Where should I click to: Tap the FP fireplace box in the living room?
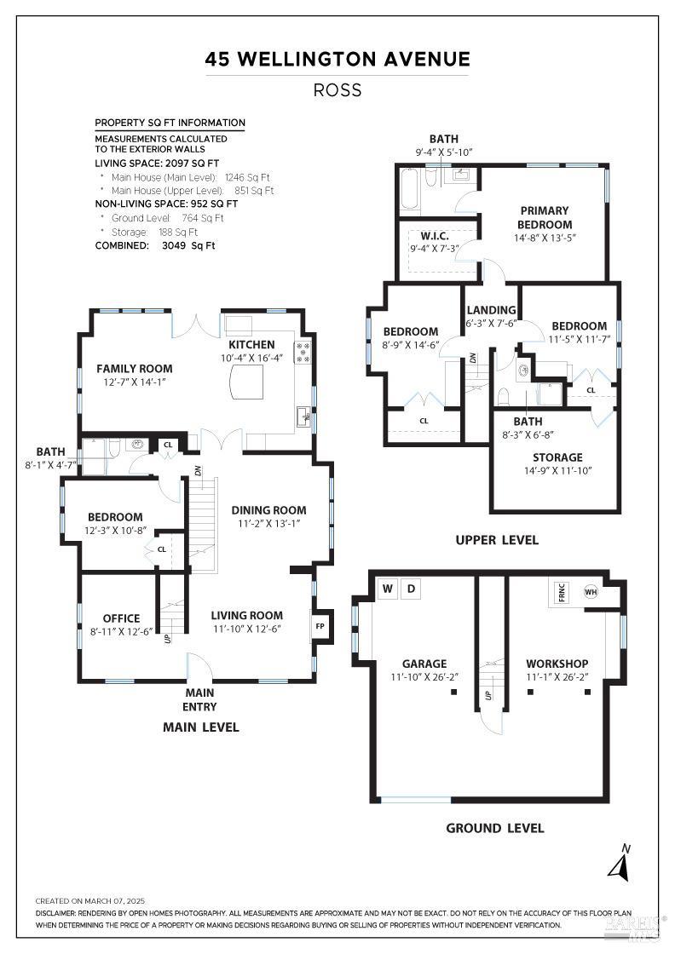click(x=320, y=626)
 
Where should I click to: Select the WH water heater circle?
click(x=590, y=592)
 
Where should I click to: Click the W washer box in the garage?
click(x=387, y=589)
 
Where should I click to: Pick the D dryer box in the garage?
click(x=410, y=589)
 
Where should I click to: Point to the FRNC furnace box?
click(x=562, y=593)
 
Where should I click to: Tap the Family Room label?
click(x=134, y=369)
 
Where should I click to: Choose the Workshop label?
click(x=557, y=664)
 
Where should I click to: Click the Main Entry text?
click(x=199, y=699)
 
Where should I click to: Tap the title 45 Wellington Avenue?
click(x=337, y=60)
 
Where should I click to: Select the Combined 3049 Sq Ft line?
click(x=155, y=245)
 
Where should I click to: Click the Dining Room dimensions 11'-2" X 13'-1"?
click(x=268, y=524)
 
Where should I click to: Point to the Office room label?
click(x=121, y=618)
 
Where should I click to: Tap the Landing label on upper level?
click(x=491, y=310)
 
